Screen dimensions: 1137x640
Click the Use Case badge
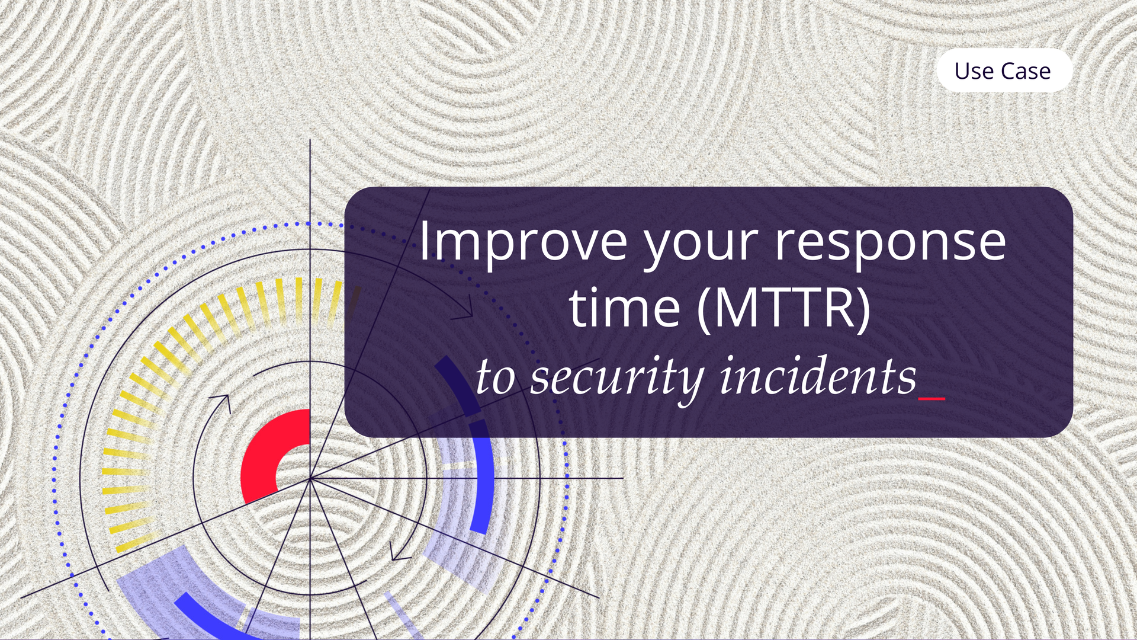click(1004, 71)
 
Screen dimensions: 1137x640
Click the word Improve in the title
click(523, 241)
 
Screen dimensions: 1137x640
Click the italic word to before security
click(495, 378)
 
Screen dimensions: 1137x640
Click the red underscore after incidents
click(932, 399)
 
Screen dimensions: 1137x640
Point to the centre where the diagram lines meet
click(310, 478)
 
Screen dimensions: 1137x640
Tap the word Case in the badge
click(1026, 71)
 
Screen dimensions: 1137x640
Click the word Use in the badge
click(974, 71)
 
